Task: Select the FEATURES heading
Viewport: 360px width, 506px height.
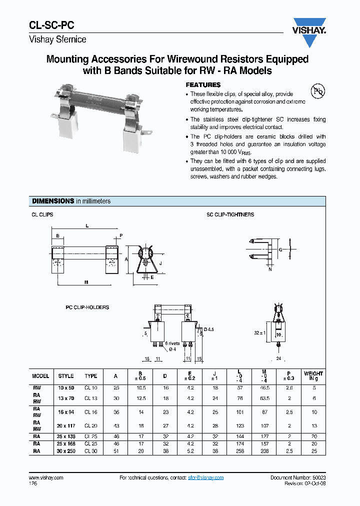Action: pyautogui.click(x=203, y=85)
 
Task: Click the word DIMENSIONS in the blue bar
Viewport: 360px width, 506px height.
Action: pyautogui.click(x=53, y=201)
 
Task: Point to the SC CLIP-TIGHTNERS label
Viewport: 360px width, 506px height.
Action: pyautogui.click(x=230, y=214)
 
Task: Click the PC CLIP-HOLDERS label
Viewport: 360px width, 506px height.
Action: pyautogui.click(x=87, y=307)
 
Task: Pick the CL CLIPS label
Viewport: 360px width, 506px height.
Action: pyautogui.click(x=42, y=214)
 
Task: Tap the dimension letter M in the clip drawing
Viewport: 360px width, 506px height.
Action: pyautogui.click(x=86, y=282)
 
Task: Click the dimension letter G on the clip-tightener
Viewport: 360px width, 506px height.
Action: pyautogui.click(x=280, y=249)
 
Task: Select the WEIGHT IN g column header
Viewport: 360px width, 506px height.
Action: pyautogui.click(x=313, y=376)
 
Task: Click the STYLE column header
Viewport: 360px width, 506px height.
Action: pyautogui.click(x=65, y=376)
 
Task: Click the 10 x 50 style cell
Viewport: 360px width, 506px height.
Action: pyautogui.click(x=65, y=387)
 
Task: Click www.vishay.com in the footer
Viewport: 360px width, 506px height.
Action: pyautogui.click(x=43, y=478)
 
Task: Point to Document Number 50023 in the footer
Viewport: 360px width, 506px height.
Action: pyautogui.click(x=298, y=478)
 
